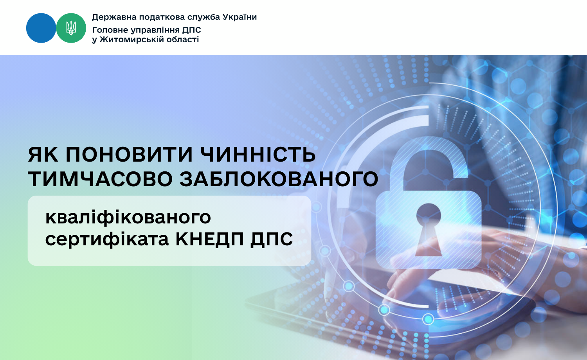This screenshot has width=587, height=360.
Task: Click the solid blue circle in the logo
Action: pyautogui.click(x=41, y=28)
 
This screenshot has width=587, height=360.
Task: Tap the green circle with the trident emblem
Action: pyautogui.click(x=71, y=28)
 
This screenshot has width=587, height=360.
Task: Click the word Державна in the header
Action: pyautogui.click(x=114, y=17)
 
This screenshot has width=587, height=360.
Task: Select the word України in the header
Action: pyautogui.click(x=239, y=17)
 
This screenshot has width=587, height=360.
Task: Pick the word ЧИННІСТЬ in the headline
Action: pyautogui.click(x=258, y=155)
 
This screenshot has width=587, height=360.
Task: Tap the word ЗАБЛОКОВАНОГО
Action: pyautogui.click(x=279, y=179)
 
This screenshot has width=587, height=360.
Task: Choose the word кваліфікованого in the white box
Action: pyautogui.click(x=128, y=218)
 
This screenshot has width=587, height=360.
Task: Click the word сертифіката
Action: pyautogui.click(x=107, y=239)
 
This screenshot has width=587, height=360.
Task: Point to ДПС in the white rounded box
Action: pyautogui.click(x=272, y=239)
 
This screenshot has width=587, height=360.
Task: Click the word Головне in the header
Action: pyautogui.click(x=110, y=30)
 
